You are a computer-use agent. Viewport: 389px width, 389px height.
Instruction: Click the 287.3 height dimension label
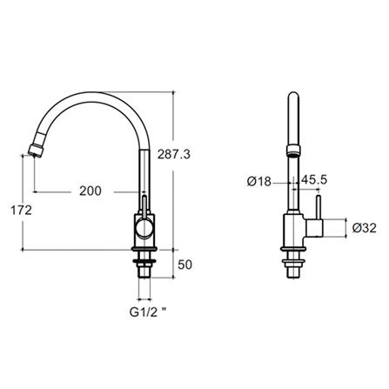(174, 154)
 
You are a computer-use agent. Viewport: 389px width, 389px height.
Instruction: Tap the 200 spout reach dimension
(91, 191)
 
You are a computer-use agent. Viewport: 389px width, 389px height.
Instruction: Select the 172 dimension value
(21, 210)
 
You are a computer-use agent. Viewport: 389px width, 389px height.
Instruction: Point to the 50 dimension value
(184, 265)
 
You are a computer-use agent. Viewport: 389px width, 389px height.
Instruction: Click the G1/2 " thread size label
(148, 312)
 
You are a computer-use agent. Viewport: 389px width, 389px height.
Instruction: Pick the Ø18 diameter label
(259, 182)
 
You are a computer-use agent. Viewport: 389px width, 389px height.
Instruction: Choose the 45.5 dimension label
(314, 180)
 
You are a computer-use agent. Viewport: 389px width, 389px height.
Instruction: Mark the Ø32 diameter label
(365, 228)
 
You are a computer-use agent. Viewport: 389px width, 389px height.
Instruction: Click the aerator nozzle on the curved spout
(37, 150)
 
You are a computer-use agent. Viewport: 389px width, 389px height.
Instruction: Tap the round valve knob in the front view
(144, 227)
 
